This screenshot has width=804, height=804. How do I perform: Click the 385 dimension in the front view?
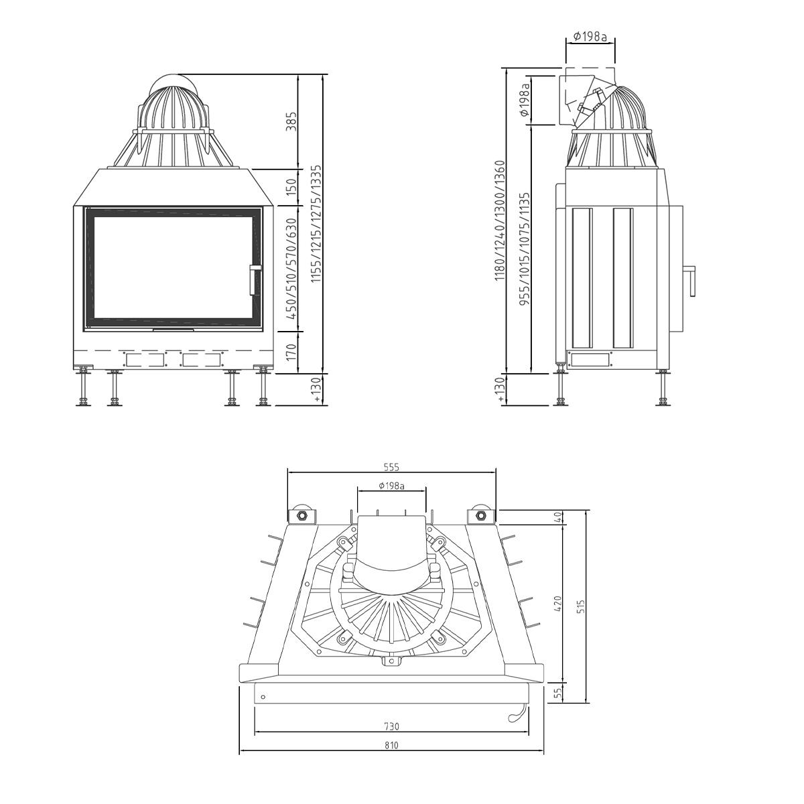[291, 121]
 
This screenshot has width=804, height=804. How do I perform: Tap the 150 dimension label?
[291, 187]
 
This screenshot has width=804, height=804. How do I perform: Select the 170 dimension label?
[291, 352]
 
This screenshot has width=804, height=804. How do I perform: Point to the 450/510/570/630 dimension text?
[291, 269]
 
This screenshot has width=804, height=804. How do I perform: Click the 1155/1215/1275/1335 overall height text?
[317, 224]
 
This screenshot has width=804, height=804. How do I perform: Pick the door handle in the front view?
[254, 279]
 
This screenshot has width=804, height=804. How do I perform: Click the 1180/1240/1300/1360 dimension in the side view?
[499, 220]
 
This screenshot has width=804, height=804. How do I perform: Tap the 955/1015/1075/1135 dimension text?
[525, 249]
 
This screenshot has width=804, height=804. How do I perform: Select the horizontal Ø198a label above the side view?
[590, 37]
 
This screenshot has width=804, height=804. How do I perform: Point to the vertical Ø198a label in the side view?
[525, 99]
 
